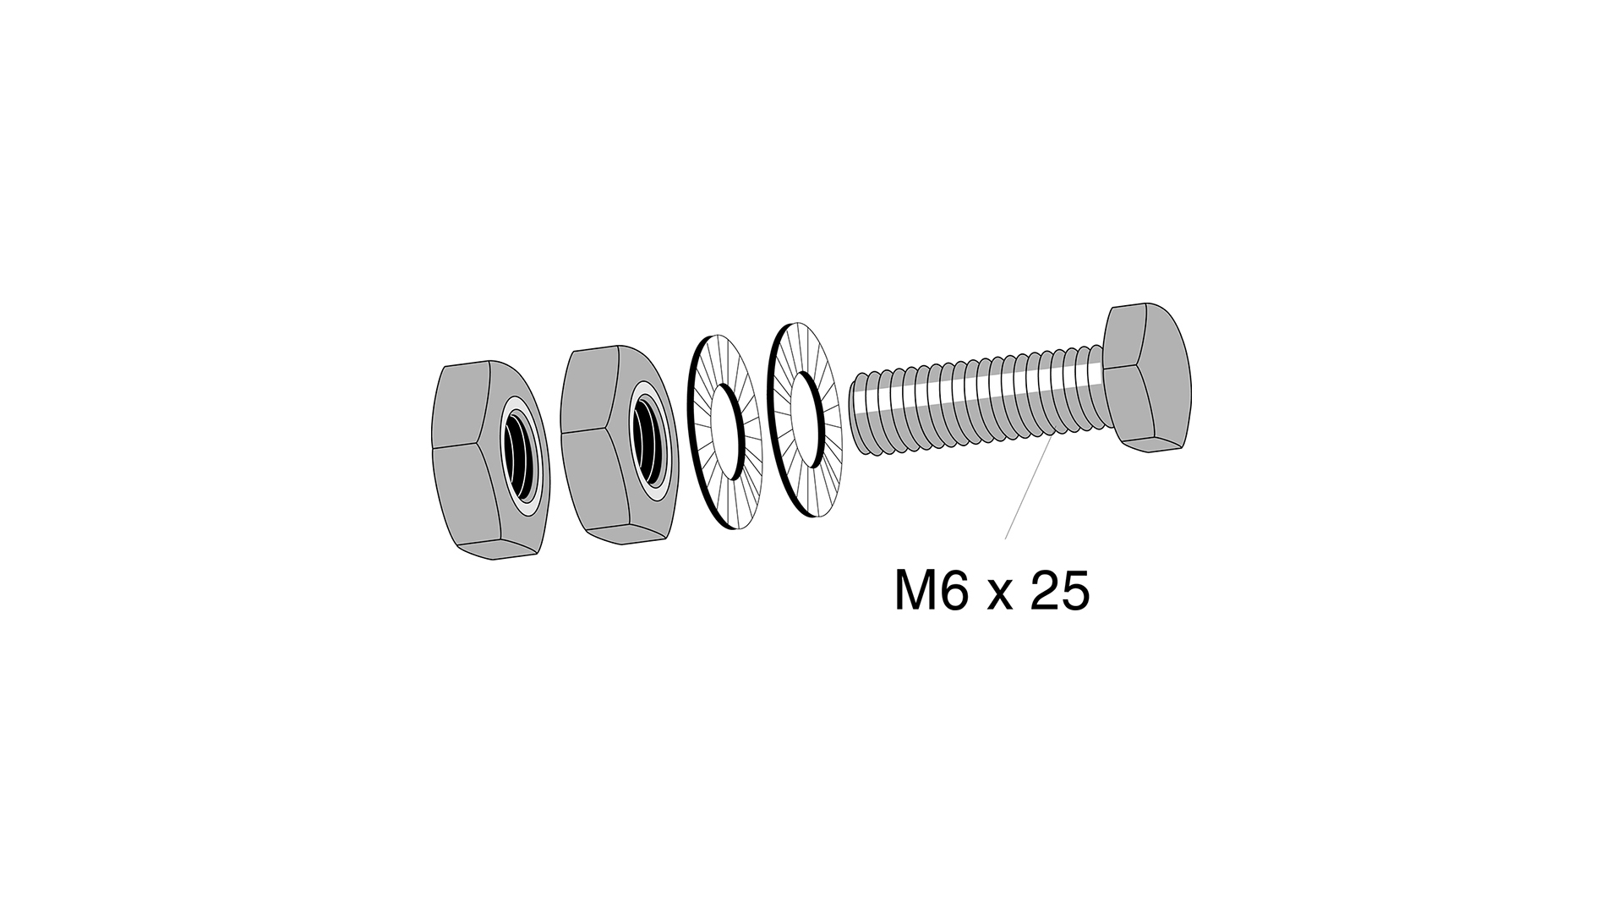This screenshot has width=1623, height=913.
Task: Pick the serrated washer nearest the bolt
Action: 798,420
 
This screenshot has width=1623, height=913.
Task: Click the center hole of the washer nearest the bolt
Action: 808,420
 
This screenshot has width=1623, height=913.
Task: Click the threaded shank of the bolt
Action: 972,402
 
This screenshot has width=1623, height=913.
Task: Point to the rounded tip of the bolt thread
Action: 856,414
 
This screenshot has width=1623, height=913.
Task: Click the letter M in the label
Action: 916,592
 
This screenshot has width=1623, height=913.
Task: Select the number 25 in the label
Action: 1060,592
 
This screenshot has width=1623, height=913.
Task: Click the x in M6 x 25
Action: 999,597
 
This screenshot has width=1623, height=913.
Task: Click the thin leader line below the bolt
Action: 1028,490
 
